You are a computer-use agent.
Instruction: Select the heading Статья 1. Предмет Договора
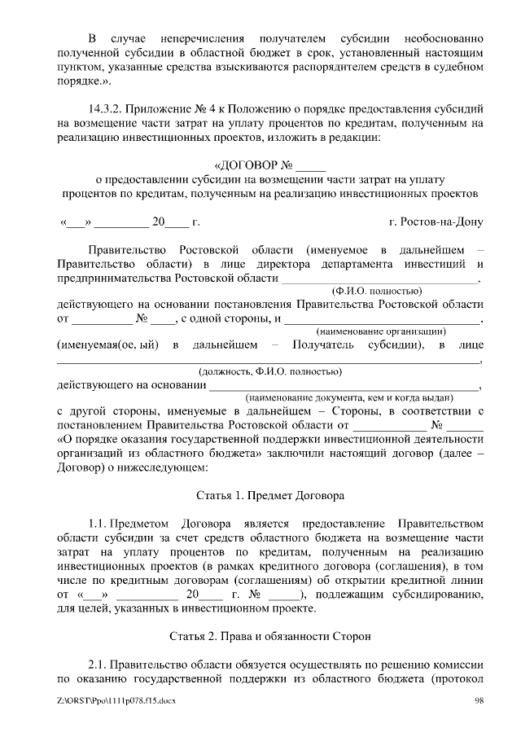click(270, 494)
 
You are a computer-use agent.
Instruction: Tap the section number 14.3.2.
click(103, 107)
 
